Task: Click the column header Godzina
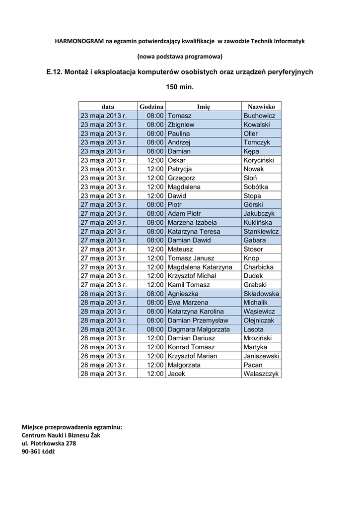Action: coord(151,107)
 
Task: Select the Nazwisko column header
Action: coord(261,107)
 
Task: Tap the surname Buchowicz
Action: coord(259,116)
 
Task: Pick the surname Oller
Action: coord(251,133)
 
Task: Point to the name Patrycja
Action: coord(180,169)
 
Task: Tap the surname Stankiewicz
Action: coord(261,231)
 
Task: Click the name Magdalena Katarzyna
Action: coord(200,267)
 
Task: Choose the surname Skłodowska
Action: coord(261,294)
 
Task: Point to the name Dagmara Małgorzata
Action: coord(199,329)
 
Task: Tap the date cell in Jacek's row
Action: coord(104,374)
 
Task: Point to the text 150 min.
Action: coord(180,86)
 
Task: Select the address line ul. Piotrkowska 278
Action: coord(49,444)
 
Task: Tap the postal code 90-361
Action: coord(31,452)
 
